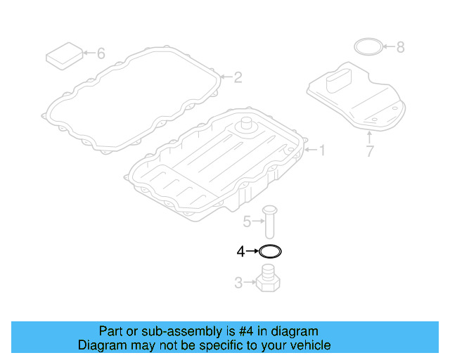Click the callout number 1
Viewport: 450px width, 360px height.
click(323, 150)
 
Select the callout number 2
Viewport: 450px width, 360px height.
click(238, 77)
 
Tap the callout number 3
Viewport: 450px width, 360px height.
click(238, 283)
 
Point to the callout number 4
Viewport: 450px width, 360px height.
click(240, 250)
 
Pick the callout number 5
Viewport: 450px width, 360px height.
click(247, 222)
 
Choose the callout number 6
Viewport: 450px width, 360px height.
click(101, 53)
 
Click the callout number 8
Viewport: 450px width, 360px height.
click(400, 48)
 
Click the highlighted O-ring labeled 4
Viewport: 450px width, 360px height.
click(270, 251)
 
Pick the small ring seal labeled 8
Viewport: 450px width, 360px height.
click(367, 47)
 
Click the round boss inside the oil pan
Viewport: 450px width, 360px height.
click(247, 127)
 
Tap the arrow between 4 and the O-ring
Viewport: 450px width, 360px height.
click(252, 250)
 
